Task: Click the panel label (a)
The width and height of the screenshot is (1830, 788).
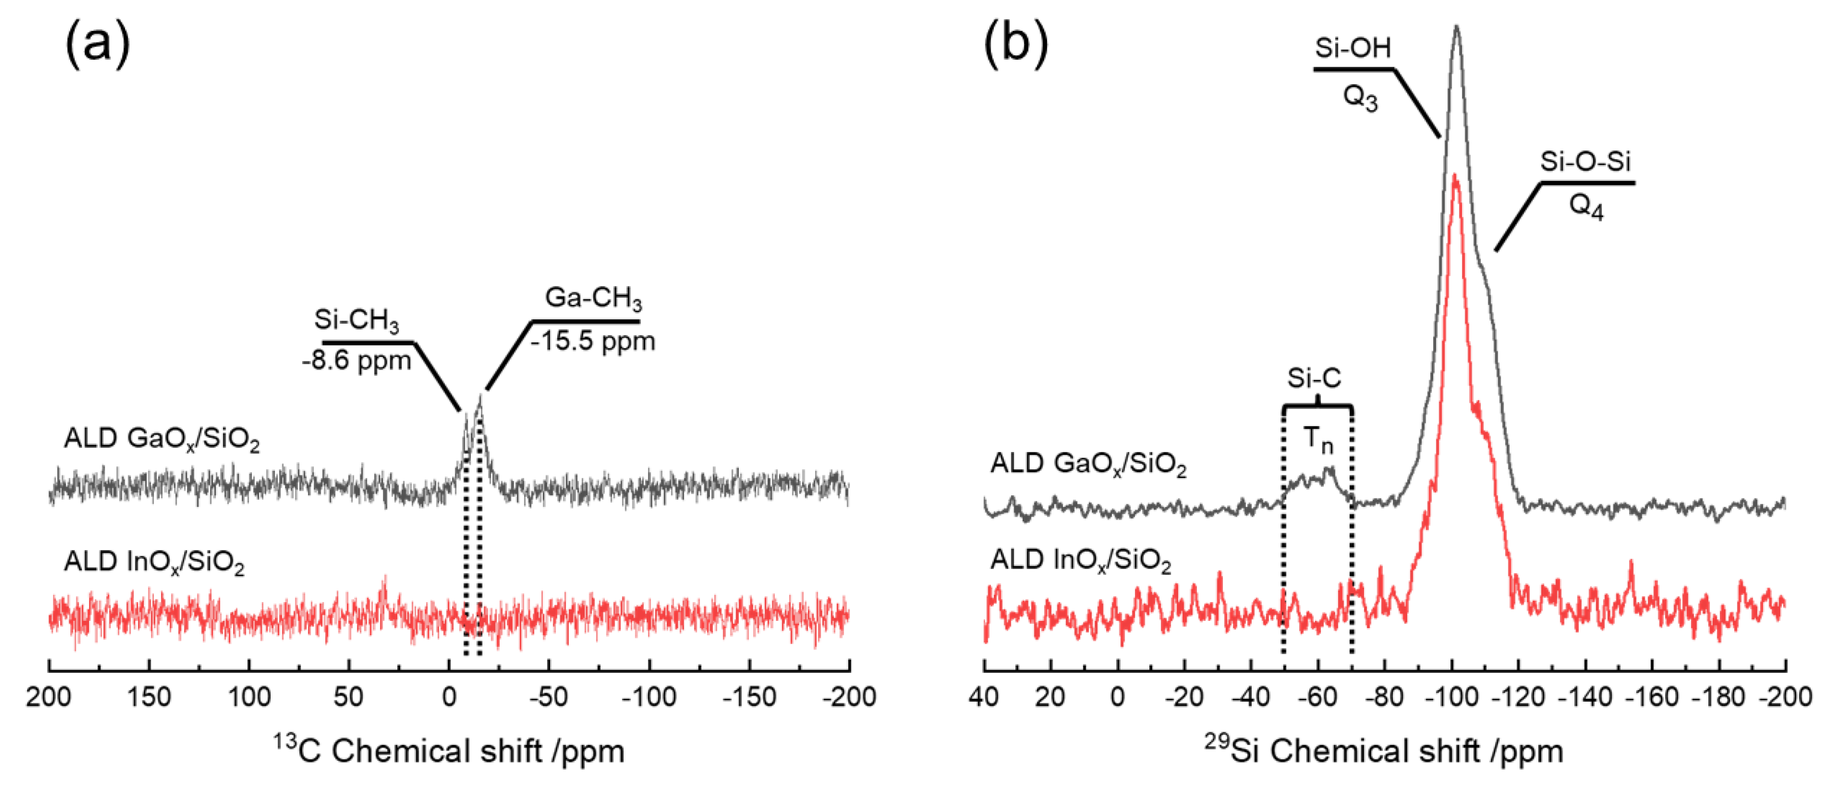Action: click(97, 44)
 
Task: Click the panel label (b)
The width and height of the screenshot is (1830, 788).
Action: click(1015, 44)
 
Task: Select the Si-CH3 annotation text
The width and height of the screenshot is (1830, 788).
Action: click(356, 321)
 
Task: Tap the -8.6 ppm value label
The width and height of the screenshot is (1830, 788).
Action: click(356, 361)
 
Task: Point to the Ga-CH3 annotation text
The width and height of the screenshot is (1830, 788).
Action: click(593, 298)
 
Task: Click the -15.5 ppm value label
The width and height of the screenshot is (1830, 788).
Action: click(593, 341)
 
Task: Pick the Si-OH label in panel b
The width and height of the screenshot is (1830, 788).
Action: click(1352, 48)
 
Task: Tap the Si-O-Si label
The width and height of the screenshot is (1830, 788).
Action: click(1585, 162)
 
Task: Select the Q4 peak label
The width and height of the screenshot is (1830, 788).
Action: click(1585, 208)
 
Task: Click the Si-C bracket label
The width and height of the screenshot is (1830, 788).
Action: click(1314, 379)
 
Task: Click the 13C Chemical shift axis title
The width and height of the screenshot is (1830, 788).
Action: click(449, 751)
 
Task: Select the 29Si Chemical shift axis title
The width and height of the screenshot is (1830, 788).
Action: click(1384, 751)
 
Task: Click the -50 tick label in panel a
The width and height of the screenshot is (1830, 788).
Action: click(549, 697)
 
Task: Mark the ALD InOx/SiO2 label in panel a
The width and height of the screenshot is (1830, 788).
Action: click(154, 563)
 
